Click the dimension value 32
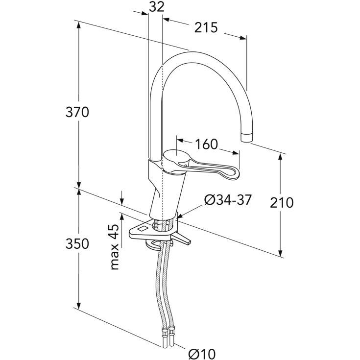[x=157, y=7]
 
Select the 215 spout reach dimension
[x=206, y=27]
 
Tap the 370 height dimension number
[x=77, y=112]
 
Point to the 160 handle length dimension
[x=206, y=144]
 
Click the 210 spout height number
[x=282, y=202]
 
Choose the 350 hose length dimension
[x=77, y=243]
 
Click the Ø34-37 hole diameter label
[x=228, y=200]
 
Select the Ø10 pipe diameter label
[x=202, y=354]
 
